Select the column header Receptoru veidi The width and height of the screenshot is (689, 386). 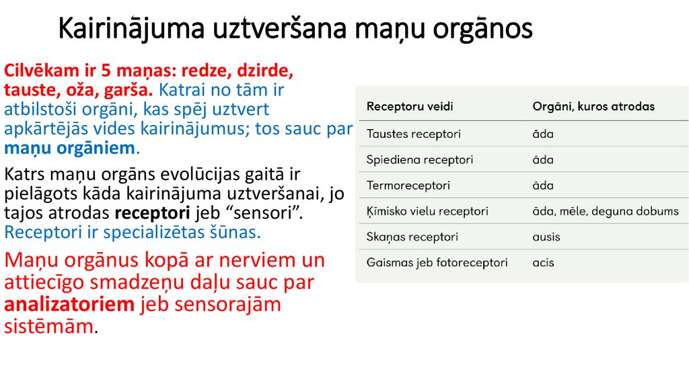409,107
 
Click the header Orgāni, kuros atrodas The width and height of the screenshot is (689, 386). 593,107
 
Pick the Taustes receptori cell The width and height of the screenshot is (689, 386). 413,134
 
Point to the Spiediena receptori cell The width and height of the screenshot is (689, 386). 419,160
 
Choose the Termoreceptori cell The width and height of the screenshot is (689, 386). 408,186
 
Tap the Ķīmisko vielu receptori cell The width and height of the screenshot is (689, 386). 427,211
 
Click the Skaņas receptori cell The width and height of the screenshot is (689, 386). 412,237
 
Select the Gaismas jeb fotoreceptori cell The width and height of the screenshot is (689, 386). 437,262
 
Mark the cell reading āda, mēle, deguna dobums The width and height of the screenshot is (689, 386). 606,211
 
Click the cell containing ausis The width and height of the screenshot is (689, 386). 546,237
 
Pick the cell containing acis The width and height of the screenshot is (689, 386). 543,262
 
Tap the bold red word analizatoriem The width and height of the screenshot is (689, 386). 69,305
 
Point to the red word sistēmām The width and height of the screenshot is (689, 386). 48,327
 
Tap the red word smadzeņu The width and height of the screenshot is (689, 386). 145,282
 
